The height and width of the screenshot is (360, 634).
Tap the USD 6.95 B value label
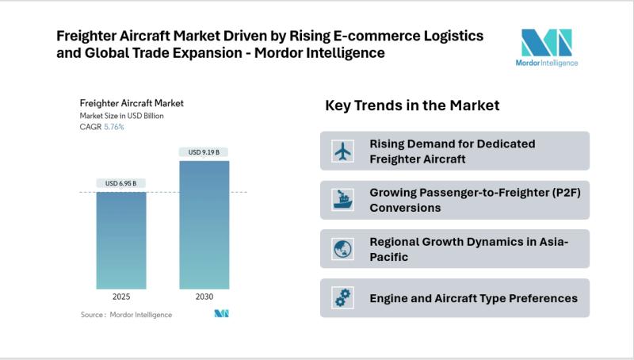tap(120, 183)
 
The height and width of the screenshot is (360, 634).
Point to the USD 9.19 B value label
tap(204, 152)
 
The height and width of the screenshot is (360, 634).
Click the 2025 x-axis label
tap(120, 297)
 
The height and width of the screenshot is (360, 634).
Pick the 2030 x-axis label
tap(204, 297)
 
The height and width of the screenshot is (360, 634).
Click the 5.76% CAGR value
tap(113, 127)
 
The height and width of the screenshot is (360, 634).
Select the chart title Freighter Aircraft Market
tap(132, 103)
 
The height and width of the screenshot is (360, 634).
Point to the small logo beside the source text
tap(221, 314)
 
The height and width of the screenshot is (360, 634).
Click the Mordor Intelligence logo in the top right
tap(546, 48)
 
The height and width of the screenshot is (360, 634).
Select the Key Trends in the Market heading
tap(412, 105)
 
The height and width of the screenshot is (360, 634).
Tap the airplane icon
tap(343, 151)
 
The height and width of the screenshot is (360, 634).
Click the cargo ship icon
tap(343, 200)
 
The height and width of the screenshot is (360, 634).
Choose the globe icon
tap(343, 249)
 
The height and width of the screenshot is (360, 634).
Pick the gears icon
tap(343, 298)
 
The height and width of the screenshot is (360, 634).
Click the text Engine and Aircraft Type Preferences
tap(473, 298)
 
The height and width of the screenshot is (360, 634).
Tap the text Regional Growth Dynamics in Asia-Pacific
tap(468, 249)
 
